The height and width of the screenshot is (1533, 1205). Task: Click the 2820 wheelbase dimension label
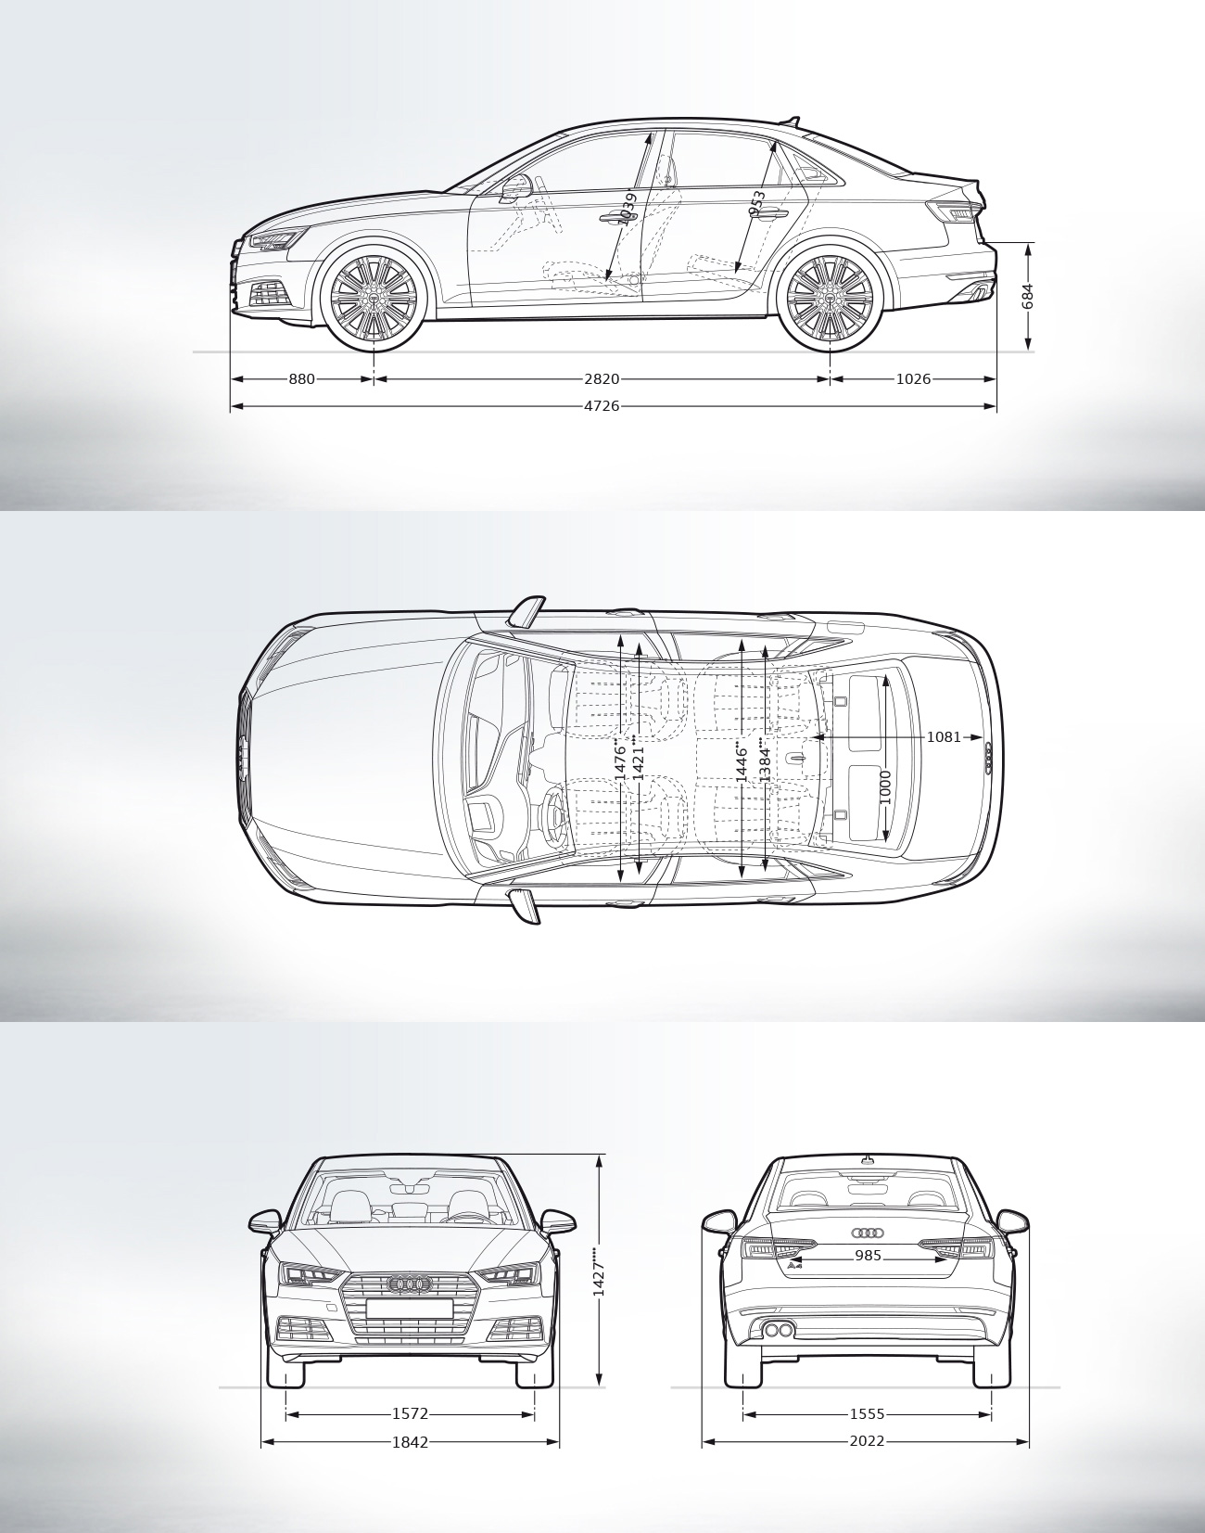602,378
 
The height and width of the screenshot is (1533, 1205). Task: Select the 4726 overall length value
602,406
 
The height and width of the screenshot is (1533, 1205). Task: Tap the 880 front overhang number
301,378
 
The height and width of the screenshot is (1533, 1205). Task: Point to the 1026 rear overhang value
913,378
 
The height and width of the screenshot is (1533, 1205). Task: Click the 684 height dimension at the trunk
1027,297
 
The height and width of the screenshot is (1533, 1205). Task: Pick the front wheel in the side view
374,297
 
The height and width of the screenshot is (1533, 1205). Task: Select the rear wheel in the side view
830,297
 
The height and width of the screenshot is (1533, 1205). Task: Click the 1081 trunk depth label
944,736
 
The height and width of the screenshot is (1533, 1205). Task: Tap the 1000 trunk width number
885,786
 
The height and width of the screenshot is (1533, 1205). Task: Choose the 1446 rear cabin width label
742,760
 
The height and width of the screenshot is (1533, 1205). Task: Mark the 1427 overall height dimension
599,1277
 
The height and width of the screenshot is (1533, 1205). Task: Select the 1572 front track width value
410,1414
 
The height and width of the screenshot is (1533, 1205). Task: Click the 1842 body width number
410,1442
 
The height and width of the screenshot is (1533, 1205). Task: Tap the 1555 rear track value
867,1414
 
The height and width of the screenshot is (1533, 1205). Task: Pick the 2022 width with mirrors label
867,1442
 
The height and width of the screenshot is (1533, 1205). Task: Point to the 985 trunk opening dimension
868,1256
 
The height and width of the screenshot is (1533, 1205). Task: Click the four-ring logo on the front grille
409,1284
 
